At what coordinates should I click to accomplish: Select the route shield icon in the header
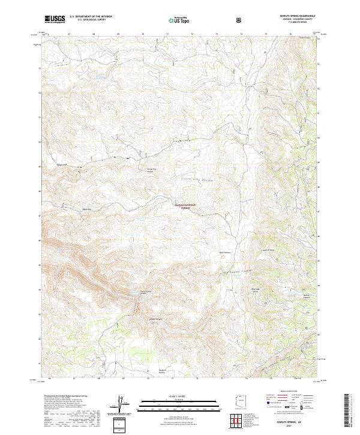coord(239,20)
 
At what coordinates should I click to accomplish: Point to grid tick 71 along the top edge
coord(167,33)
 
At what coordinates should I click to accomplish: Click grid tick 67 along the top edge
coord(70,33)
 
